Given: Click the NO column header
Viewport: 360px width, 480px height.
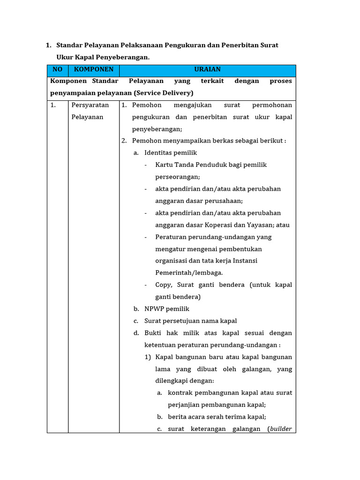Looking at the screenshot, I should (57, 69).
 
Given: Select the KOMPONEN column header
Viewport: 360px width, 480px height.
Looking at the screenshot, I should (94, 69).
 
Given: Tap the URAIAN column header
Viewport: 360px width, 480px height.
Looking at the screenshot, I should (207, 69).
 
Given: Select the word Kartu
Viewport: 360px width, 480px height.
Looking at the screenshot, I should (164, 165).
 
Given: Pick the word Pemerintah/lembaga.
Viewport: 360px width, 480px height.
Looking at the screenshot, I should (189, 273).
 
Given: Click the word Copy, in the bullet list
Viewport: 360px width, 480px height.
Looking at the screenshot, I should (165, 285).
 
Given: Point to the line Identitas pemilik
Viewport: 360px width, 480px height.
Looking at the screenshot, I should (171, 153).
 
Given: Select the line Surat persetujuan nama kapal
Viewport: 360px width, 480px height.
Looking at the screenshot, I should (191, 321).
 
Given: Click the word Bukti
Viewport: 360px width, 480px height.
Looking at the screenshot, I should (153, 333).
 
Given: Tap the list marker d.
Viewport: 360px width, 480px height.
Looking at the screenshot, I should (136, 333).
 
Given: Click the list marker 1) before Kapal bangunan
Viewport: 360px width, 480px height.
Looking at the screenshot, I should (148, 357).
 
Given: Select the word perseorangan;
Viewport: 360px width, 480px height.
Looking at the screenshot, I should (178, 177).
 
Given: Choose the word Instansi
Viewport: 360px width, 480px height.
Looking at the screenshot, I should (244, 261).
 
